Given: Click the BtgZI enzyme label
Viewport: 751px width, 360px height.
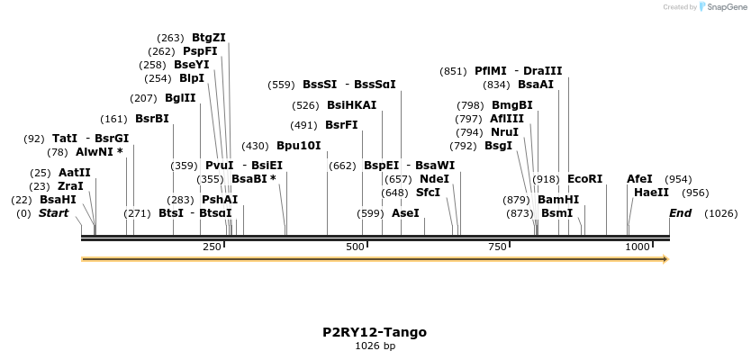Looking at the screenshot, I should (x=208, y=38).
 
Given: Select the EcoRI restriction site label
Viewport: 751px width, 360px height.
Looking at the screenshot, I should (x=584, y=179).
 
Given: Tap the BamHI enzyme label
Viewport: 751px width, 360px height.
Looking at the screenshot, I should (x=558, y=200).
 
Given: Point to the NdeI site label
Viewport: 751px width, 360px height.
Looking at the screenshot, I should (x=434, y=179).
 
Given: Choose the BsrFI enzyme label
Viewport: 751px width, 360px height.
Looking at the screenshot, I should (x=341, y=125).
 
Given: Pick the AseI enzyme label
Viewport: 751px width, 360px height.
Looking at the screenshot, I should (x=405, y=213).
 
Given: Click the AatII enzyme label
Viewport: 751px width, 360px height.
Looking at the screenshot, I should (x=75, y=173).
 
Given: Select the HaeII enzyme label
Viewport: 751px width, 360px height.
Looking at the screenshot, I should (x=651, y=193).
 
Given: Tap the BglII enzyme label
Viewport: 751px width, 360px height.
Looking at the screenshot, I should (x=180, y=98).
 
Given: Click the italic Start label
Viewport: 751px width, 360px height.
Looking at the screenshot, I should (x=53, y=213).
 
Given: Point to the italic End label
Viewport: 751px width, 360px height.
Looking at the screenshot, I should (x=680, y=213).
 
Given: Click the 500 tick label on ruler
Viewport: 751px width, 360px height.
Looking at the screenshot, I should (x=356, y=247).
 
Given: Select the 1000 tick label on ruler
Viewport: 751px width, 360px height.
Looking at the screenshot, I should (x=638, y=247).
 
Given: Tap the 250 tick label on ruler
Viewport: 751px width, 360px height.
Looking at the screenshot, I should (x=212, y=247).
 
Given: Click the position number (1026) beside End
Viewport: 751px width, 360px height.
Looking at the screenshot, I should (x=720, y=213).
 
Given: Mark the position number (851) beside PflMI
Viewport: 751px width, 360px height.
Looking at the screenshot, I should (x=453, y=71).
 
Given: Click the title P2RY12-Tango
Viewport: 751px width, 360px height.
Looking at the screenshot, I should (x=375, y=332).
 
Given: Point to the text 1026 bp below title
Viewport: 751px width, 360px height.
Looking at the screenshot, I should (x=375, y=346).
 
